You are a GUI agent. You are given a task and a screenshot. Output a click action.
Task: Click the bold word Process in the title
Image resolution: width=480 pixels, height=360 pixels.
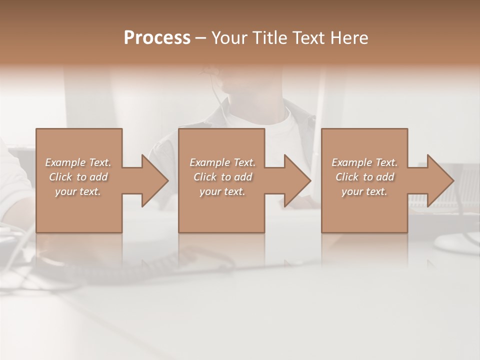click(157, 38)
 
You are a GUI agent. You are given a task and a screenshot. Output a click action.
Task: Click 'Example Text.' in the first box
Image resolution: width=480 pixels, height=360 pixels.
click(78, 162)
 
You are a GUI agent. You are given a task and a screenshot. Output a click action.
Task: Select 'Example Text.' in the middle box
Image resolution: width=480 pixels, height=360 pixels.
click(222, 162)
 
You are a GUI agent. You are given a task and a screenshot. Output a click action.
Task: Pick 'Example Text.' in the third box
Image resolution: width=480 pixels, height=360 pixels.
click(364, 162)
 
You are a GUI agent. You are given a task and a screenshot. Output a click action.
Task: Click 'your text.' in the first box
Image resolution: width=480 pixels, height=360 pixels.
click(78, 191)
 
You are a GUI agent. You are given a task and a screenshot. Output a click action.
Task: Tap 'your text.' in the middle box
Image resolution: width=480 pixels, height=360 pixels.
click(222, 191)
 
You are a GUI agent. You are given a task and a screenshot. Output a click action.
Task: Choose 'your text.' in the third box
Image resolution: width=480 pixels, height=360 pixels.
click(364, 191)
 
